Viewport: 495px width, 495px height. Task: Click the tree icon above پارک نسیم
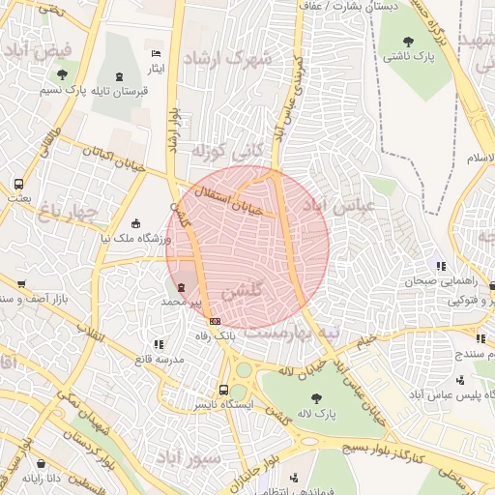[x=63, y=74]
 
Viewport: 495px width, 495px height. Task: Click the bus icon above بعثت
[x=18, y=184]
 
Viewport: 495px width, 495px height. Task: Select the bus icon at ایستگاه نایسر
[x=224, y=390]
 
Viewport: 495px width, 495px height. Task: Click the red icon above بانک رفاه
[x=215, y=321]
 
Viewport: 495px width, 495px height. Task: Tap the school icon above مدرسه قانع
[x=159, y=343]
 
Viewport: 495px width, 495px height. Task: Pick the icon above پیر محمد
[x=183, y=287]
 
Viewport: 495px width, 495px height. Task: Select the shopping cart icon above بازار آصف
[x=21, y=284]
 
